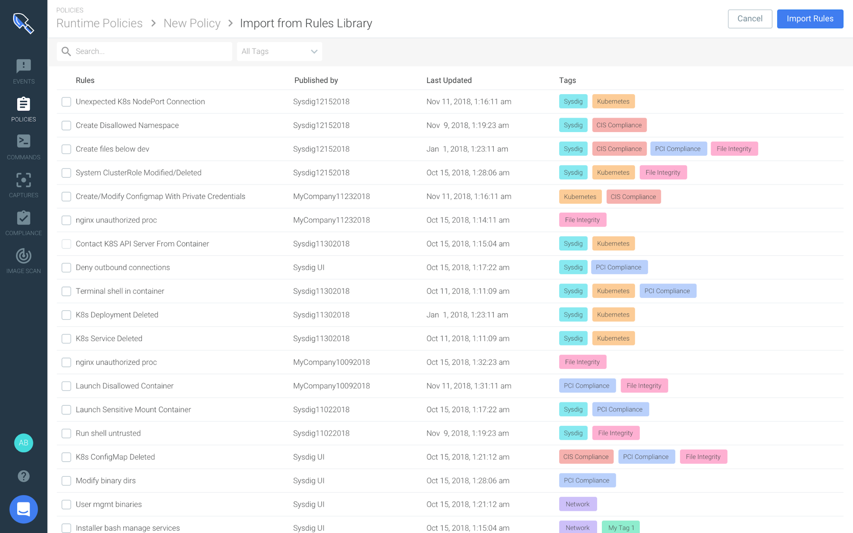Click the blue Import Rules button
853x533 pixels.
[x=810, y=19]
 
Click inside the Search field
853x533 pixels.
[x=151, y=51]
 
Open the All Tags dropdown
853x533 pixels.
[x=279, y=51]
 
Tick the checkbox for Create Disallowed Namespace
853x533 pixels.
[x=66, y=125]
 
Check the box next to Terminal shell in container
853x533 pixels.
[x=66, y=291]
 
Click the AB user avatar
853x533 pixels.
[x=24, y=443]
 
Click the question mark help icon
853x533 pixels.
[x=24, y=476]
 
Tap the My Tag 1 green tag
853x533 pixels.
[x=621, y=527]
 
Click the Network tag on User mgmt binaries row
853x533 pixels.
[x=578, y=504]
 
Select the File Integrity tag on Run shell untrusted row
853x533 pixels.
[x=615, y=433]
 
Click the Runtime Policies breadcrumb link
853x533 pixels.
[x=99, y=23]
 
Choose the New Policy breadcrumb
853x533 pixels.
[x=192, y=23]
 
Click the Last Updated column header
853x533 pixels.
[x=449, y=80]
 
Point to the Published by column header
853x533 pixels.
[x=316, y=80]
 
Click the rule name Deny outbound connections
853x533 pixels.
[x=123, y=267]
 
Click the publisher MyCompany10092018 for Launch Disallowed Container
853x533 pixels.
[x=331, y=386]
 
